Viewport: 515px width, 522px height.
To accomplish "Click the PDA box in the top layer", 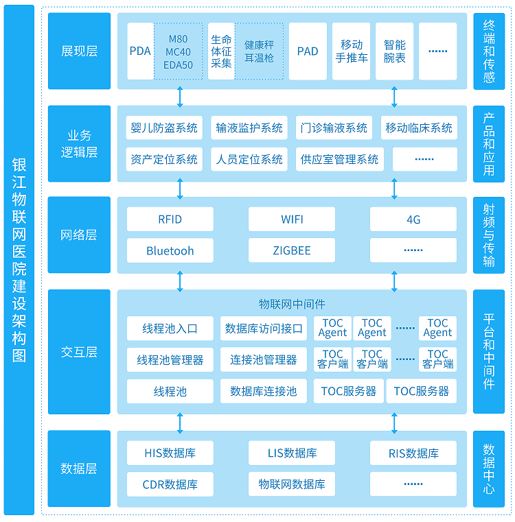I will [x=140, y=51].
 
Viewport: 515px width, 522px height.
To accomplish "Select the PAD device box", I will [x=308, y=51].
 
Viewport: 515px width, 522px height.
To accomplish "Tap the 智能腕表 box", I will [x=394, y=51].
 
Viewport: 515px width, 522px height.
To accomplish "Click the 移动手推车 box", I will [x=351, y=51].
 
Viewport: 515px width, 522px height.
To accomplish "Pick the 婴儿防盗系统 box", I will [x=164, y=128].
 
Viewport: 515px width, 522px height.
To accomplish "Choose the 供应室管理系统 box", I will [x=339, y=159].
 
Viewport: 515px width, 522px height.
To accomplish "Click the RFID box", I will [x=170, y=220].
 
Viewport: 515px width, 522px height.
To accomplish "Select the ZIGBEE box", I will [x=292, y=250].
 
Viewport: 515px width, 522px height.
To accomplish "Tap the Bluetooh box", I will [x=170, y=250].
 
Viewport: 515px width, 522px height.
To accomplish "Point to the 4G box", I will [x=413, y=220].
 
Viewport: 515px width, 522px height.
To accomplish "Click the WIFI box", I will [x=292, y=220].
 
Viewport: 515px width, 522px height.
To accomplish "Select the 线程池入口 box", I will [x=170, y=329].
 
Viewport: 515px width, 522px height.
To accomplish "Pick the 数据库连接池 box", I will [x=264, y=392].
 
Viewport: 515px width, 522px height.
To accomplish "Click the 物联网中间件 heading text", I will [x=292, y=303].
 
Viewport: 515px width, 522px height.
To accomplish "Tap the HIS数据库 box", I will [x=170, y=453].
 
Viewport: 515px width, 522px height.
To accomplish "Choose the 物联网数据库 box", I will [x=292, y=484].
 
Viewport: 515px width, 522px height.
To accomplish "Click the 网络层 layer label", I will [x=79, y=235].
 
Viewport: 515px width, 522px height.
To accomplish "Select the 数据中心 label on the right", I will [x=489, y=469].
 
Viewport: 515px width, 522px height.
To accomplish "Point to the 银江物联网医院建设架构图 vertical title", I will [x=19, y=261].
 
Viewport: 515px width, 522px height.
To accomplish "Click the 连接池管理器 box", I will [x=264, y=359].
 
